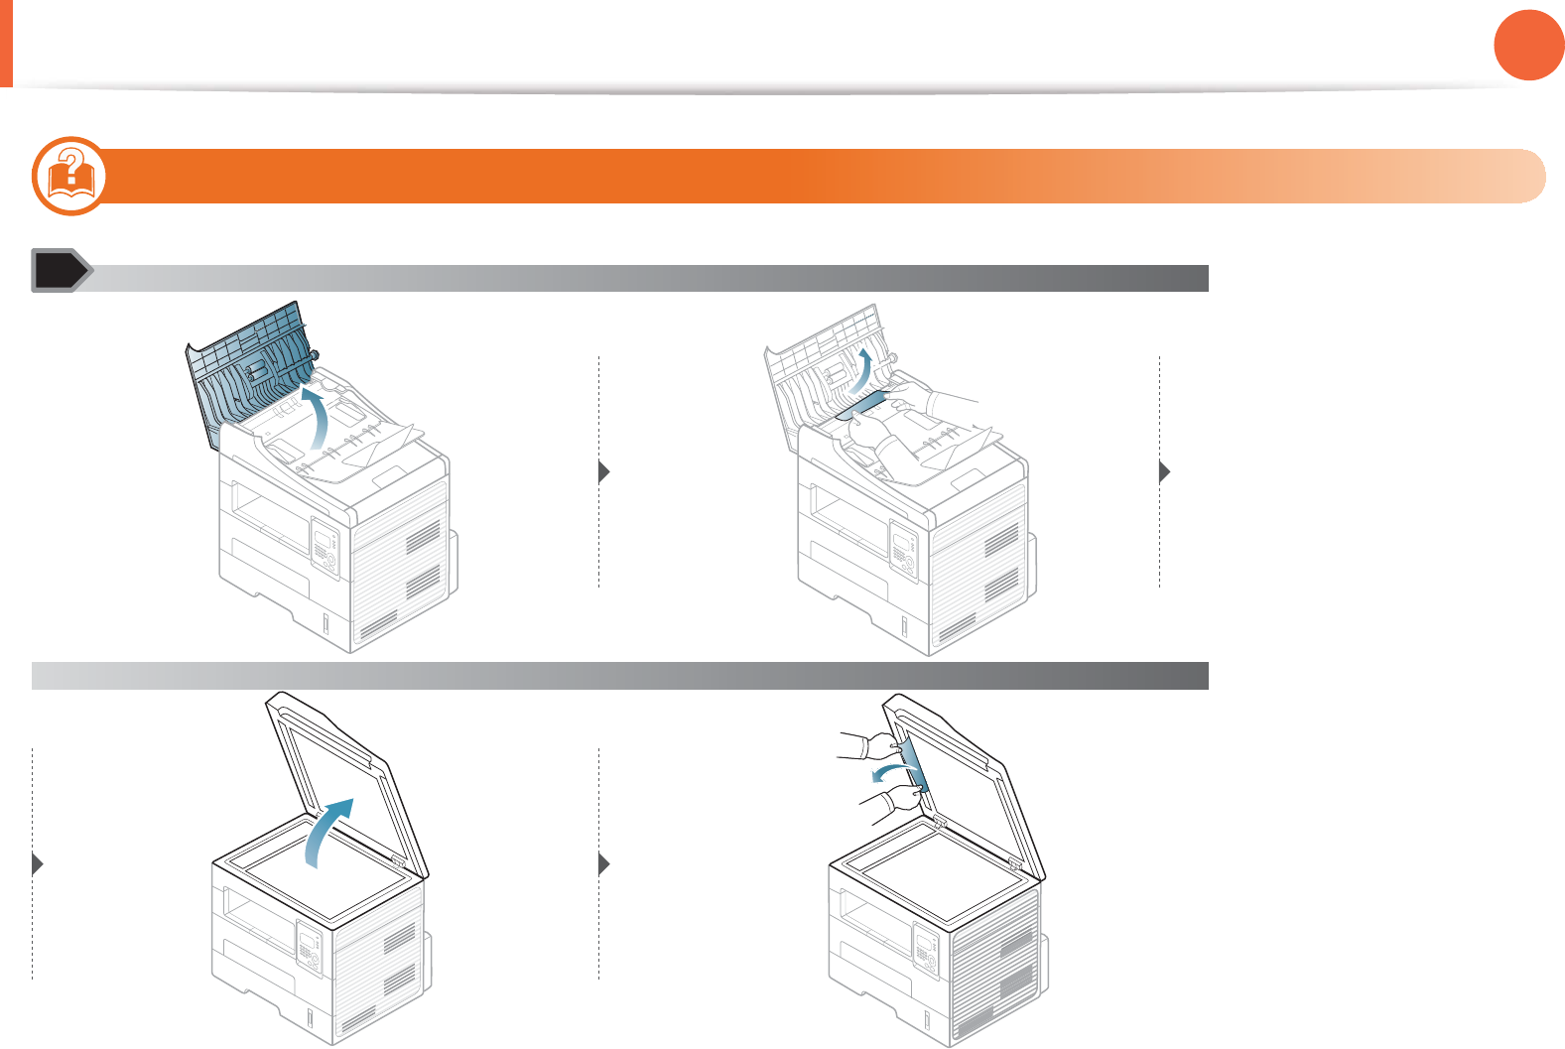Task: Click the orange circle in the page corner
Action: pyautogui.click(x=1529, y=45)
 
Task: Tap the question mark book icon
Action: pyautogui.click(x=69, y=176)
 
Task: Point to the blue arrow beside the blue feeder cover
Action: pyautogui.click(x=317, y=417)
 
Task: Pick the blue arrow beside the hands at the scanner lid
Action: pyautogui.click(x=886, y=772)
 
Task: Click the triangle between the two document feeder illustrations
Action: pyautogui.click(x=603, y=472)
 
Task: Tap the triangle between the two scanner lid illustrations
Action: pyautogui.click(x=603, y=864)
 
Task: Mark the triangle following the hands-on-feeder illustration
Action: pyautogui.click(x=1165, y=472)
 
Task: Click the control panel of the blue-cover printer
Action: pyautogui.click(x=326, y=547)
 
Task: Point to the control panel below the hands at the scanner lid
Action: pyautogui.click(x=926, y=952)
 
